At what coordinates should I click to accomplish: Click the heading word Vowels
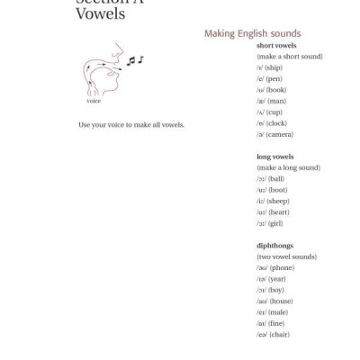coord(101,13)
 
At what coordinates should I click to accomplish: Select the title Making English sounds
coord(252,34)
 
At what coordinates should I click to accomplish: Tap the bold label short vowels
coord(276,45)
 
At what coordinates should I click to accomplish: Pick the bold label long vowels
coord(275,157)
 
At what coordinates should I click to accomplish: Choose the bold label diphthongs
coord(274,246)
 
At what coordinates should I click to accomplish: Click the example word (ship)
coord(274,67)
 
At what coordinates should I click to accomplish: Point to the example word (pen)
coord(274,78)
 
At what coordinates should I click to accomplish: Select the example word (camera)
coord(279,134)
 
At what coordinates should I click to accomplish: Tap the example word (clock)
coord(276,123)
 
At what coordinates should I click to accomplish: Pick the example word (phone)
coord(281,267)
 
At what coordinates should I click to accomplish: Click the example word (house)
coord(281,301)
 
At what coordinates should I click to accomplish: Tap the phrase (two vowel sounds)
coord(286,256)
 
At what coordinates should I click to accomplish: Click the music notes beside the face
coord(134,61)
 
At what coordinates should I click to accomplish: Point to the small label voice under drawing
coord(94,101)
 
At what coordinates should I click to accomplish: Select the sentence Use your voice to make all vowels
coord(131,124)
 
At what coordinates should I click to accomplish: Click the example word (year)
coord(276,279)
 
